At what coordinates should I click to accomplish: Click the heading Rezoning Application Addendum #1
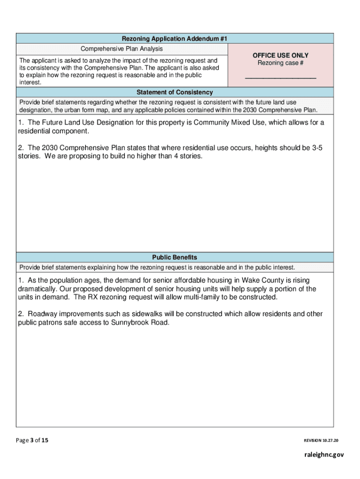tap(174, 39)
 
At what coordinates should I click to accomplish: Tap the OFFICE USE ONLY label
tap(280, 56)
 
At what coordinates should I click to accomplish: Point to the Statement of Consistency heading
tap(174, 92)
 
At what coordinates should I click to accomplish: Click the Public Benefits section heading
tap(174, 257)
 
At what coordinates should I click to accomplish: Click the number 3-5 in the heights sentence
tap(317, 148)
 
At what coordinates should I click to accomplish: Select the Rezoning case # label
tap(280, 64)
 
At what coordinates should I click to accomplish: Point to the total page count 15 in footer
tap(44, 440)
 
